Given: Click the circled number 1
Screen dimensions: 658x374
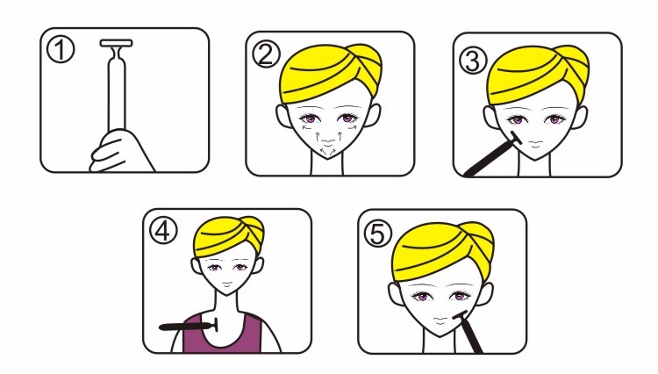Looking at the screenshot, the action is click(61, 49).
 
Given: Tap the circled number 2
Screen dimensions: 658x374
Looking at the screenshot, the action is click(266, 55).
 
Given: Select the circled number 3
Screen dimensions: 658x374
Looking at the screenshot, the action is click(473, 60).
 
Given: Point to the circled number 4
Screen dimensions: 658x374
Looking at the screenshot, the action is click(164, 231).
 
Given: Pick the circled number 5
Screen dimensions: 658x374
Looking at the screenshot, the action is click(377, 234).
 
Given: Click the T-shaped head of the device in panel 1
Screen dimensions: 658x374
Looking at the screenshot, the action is click(116, 43).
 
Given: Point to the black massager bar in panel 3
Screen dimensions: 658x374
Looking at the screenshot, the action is click(492, 155).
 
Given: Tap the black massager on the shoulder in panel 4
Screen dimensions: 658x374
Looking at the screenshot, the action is click(189, 326).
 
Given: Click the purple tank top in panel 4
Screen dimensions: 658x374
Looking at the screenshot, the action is click(222, 333).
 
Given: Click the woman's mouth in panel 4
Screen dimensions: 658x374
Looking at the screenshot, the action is click(226, 285).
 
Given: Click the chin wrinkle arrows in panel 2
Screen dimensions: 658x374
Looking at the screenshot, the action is click(329, 150).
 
